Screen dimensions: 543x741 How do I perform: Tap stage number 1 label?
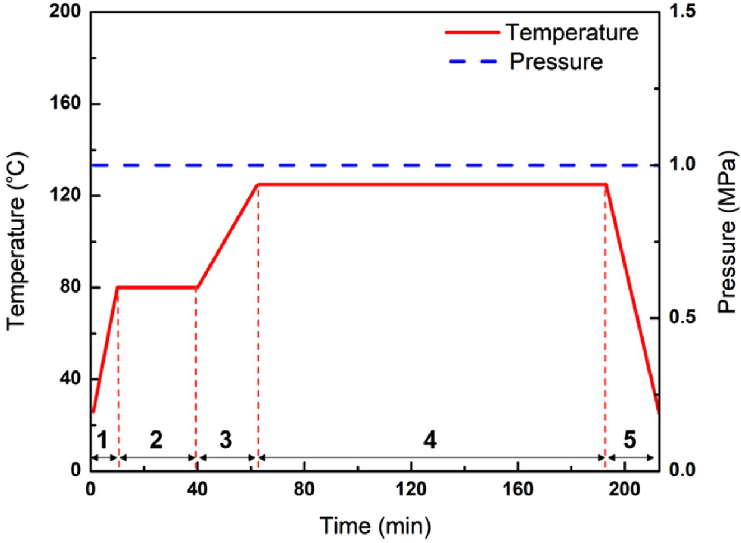[x=102, y=440]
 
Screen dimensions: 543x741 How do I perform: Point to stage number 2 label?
[x=156, y=440]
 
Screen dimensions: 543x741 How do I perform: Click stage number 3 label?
[x=225, y=440]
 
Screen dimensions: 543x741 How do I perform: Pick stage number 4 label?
[x=430, y=440]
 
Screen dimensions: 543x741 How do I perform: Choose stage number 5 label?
[x=630, y=440]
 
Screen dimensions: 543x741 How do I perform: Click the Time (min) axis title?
[x=375, y=526]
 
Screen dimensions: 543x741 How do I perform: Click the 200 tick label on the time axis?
[x=624, y=489]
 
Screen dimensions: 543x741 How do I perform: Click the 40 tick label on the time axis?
[x=197, y=489]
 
